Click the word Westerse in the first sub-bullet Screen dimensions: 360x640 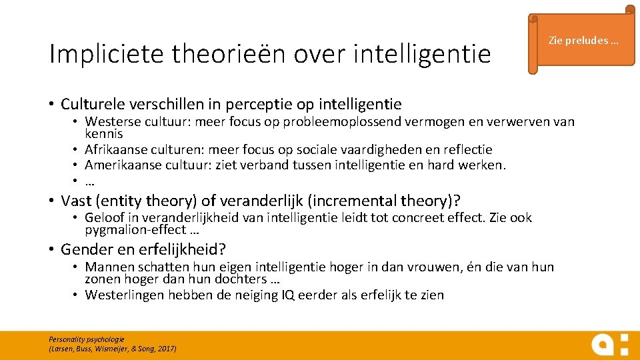[109, 122]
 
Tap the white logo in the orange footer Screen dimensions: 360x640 [609, 344]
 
